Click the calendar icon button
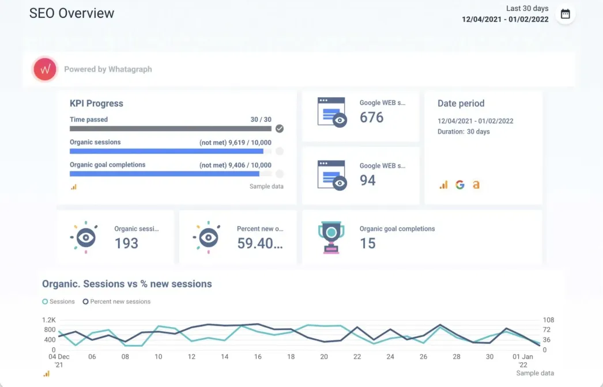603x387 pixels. point(565,14)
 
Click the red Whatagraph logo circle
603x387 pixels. point(44,69)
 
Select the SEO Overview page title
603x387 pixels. point(72,13)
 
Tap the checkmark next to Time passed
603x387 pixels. point(280,128)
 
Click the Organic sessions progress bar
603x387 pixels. point(167,151)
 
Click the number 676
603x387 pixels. point(372,117)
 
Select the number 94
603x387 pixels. point(368,180)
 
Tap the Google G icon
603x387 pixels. point(459,185)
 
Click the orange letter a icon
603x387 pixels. point(476,185)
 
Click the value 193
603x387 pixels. point(126,243)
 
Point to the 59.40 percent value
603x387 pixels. point(260,243)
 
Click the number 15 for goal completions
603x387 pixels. point(368,243)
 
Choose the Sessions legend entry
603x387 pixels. point(59,301)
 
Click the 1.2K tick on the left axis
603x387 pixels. point(48,320)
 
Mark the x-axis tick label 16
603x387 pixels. point(258,357)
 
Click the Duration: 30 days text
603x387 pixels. point(463,132)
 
